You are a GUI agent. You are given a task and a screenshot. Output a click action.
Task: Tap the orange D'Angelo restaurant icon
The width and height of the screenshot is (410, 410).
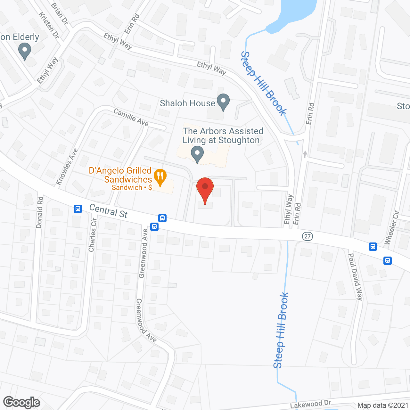(160, 176)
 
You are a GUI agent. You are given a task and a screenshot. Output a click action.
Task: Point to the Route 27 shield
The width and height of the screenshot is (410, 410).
(307, 236)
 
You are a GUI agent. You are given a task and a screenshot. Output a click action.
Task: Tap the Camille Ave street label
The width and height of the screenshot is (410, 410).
(131, 117)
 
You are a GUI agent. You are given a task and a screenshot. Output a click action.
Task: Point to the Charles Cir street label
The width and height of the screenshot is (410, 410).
(92, 235)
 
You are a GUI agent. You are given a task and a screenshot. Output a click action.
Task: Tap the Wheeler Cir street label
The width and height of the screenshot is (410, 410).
(392, 227)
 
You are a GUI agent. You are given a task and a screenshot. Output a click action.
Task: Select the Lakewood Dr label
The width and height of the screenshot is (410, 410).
(310, 404)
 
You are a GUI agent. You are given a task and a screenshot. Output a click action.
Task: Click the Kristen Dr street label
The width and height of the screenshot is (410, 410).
(49, 26)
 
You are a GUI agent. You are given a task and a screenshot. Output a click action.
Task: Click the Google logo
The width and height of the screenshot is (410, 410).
(22, 402)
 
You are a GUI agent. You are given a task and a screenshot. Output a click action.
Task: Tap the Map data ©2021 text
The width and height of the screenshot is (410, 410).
(383, 406)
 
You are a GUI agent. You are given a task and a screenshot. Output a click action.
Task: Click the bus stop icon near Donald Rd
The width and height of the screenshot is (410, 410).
(78, 209)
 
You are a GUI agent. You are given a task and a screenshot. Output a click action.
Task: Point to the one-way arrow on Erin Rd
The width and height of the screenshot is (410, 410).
(305, 155)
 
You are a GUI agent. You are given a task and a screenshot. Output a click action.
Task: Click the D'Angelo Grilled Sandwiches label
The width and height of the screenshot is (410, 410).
(120, 175)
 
